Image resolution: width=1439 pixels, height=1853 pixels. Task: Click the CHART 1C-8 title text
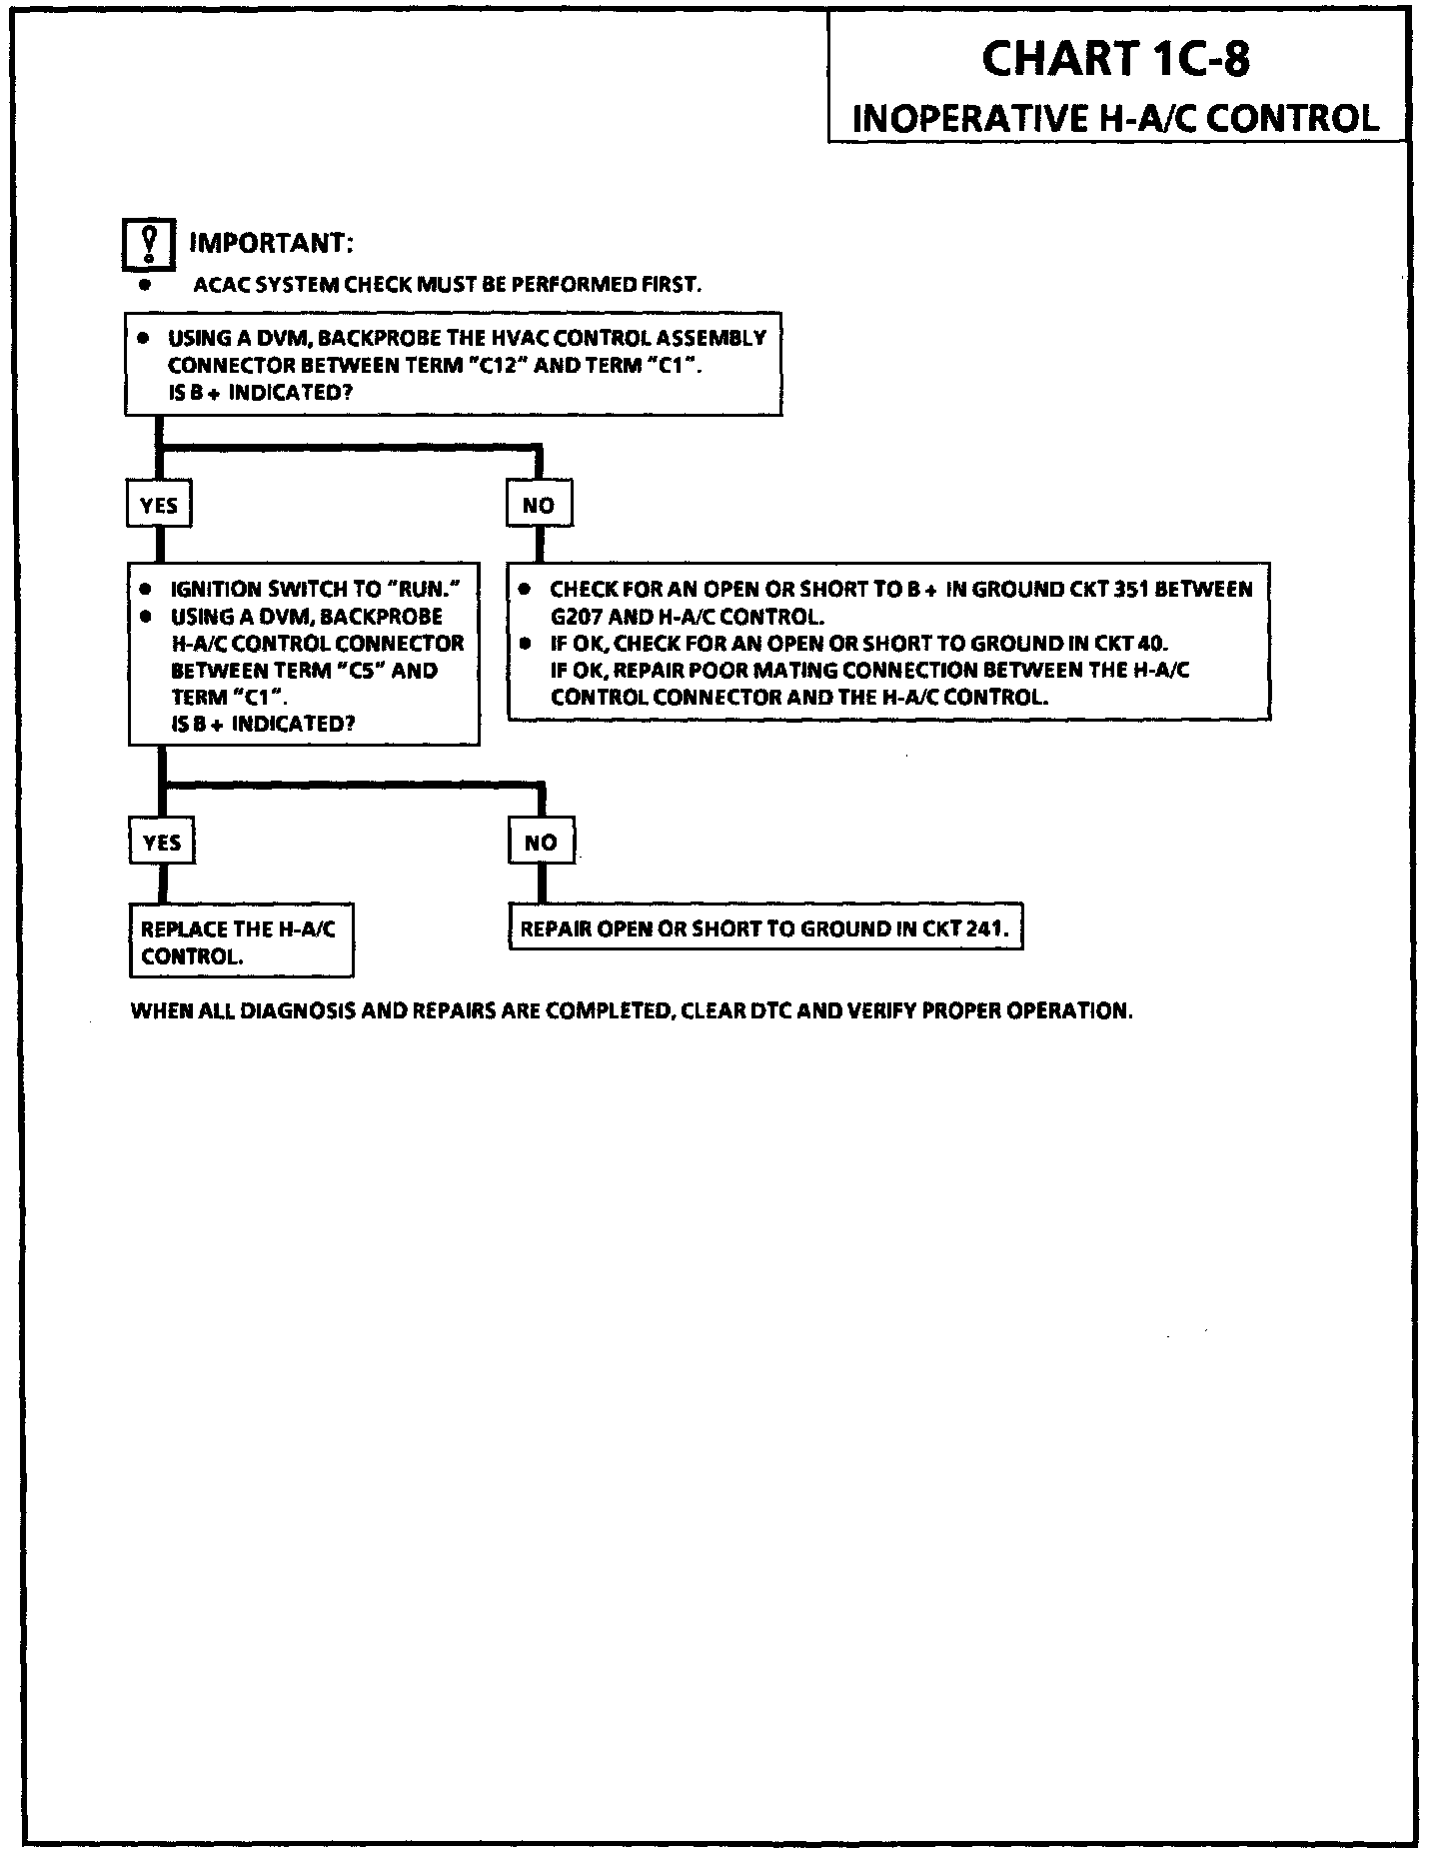[1115, 59]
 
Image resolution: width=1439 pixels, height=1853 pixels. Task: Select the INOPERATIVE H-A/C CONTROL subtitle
[1115, 118]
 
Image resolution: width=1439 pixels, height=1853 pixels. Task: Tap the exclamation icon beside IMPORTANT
[149, 244]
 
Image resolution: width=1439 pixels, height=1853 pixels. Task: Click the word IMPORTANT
[271, 244]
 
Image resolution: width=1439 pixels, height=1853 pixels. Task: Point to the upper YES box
[158, 506]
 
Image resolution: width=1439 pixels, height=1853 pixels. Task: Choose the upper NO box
[539, 506]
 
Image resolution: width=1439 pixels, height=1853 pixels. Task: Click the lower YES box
[161, 843]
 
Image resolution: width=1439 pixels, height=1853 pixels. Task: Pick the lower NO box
[541, 843]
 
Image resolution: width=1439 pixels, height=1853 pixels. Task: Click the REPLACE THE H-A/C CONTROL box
[241, 941]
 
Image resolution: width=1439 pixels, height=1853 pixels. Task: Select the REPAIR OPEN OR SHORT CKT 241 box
[765, 929]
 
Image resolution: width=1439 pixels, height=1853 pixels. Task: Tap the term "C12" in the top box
[497, 366]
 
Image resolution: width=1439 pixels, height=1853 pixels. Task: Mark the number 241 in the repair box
[986, 929]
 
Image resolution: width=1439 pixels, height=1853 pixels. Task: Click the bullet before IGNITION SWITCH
[147, 590]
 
